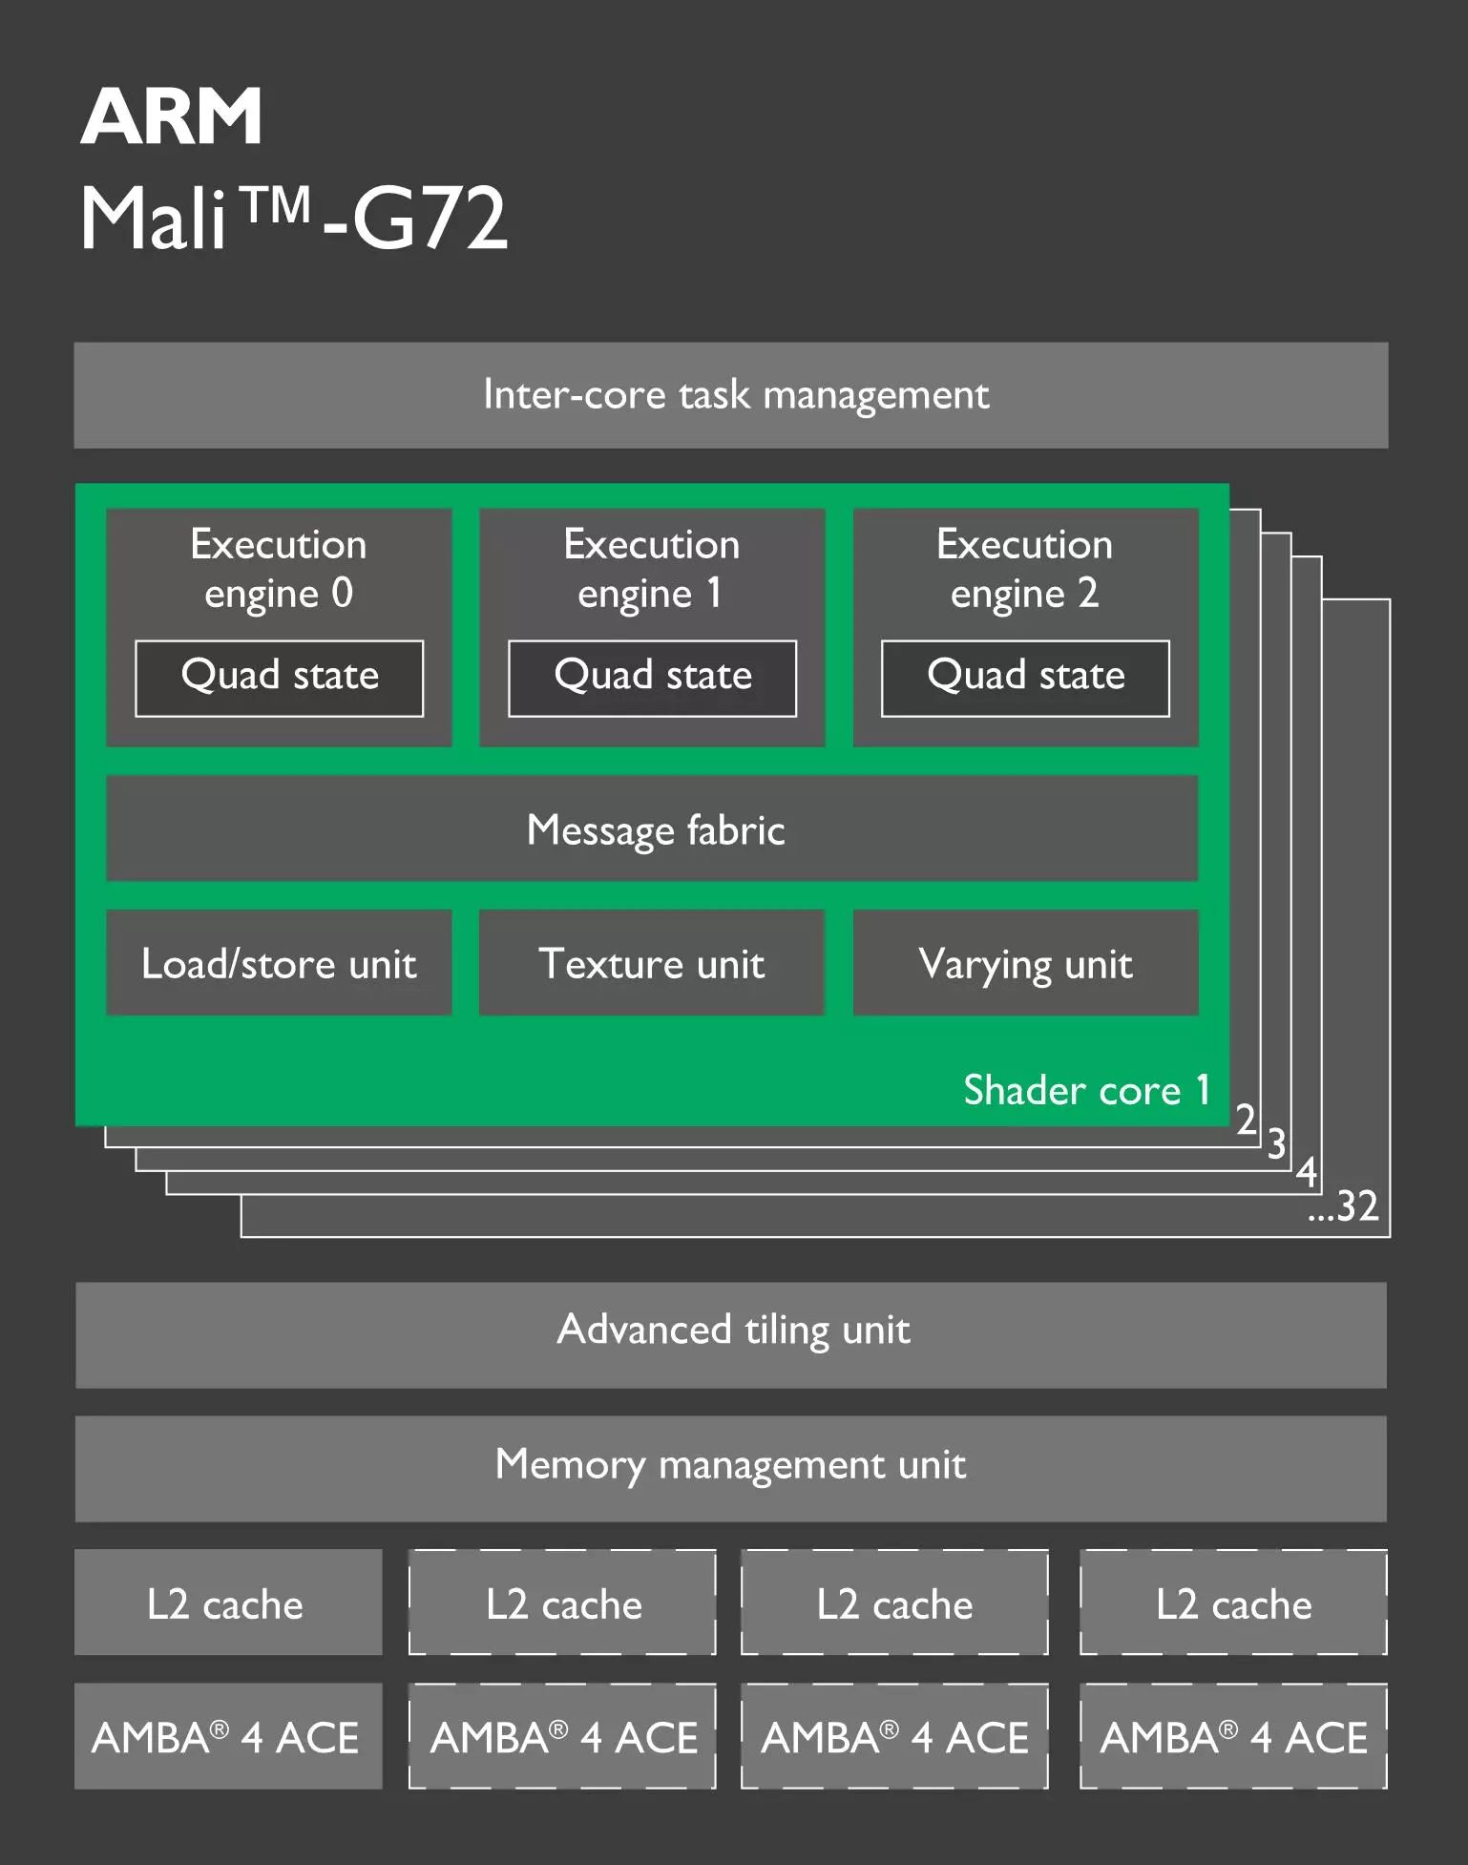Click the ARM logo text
click(171, 116)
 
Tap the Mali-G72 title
click(294, 218)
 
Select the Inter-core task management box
click(731, 395)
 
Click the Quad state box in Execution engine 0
click(280, 678)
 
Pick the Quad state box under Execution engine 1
click(653, 678)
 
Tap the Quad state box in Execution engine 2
click(1026, 678)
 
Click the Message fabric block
click(653, 828)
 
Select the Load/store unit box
click(279, 963)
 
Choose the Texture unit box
click(652, 963)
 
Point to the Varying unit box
click(1026, 963)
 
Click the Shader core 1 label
click(1087, 1090)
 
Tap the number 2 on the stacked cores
click(1246, 1119)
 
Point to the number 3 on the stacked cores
click(1276, 1143)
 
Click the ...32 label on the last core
click(1344, 1206)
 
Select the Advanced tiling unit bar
click(731, 1334)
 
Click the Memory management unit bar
click(731, 1468)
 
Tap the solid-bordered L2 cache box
click(228, 1603)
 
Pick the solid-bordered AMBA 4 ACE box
click(228, 1736)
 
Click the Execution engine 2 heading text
click(1025, 569)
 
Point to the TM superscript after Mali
click(276, 204)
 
